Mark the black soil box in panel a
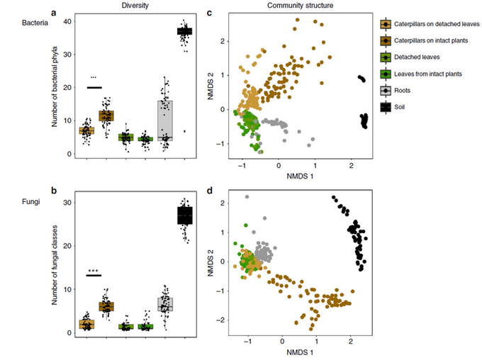coord(185,31)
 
